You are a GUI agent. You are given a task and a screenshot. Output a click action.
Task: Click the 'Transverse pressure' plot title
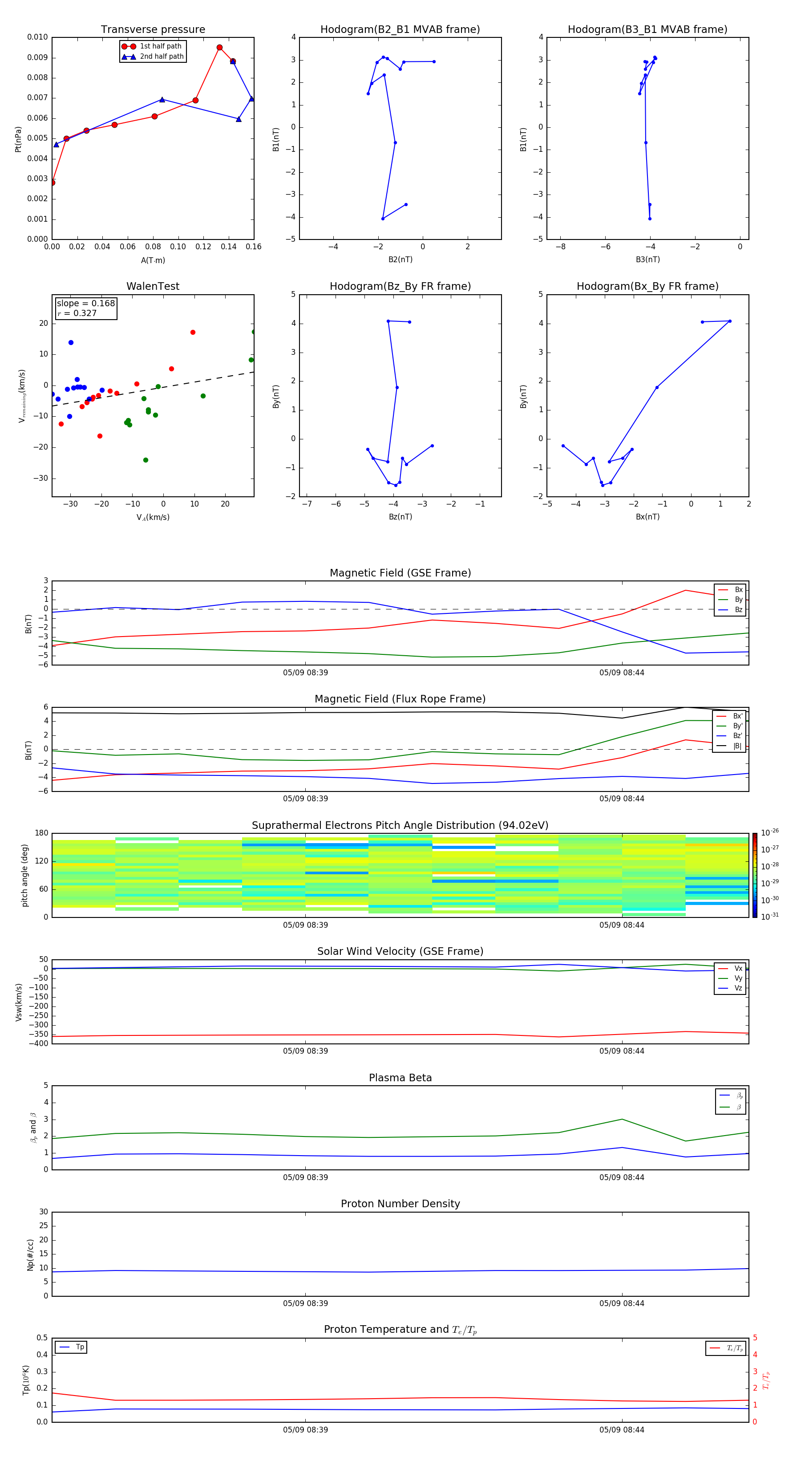153,30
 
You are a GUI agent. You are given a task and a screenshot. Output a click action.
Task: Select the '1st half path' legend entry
160,46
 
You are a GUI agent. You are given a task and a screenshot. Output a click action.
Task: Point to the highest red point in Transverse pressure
219,47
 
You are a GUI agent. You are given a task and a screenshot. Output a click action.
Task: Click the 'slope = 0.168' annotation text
85,304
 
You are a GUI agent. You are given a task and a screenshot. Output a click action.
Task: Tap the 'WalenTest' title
153,286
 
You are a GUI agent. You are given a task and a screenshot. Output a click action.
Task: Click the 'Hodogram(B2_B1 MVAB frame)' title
400,30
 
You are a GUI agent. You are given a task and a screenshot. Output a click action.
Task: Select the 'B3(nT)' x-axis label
647,260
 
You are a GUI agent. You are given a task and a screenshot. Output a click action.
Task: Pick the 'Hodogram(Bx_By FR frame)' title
647,286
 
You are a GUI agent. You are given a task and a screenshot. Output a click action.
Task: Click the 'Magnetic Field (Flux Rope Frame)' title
400,699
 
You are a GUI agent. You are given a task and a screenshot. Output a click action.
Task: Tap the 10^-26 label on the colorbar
769,832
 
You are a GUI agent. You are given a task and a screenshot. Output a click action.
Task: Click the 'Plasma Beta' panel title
400,1078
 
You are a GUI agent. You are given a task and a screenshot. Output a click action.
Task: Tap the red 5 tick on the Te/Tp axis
755,1338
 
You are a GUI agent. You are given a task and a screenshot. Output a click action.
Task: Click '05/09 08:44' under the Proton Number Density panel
621,1303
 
